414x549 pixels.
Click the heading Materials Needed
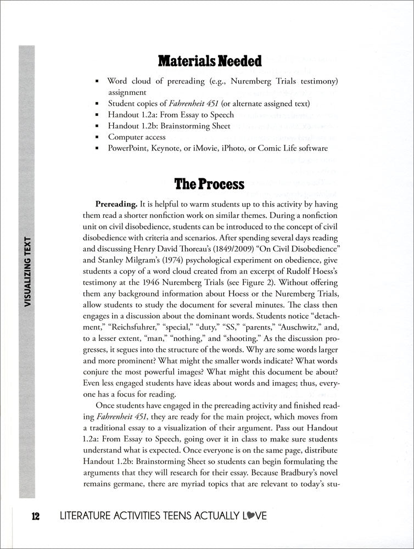point(209,61)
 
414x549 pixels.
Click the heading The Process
point(209,184)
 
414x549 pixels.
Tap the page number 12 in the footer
point(36,516)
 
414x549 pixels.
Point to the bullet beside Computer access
point(97,137)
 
